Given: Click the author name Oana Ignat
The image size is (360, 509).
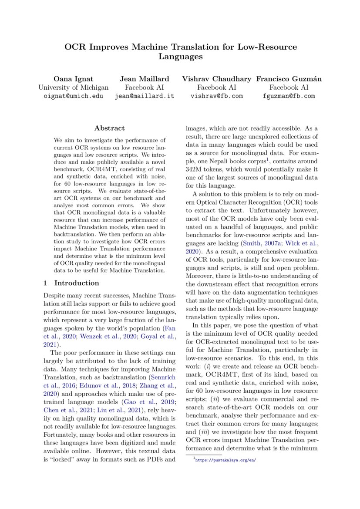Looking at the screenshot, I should [x=73, y=79].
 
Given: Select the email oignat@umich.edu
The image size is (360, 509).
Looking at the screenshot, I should [x=73, y=96].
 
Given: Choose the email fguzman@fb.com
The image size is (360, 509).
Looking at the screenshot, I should [x=289, y=96].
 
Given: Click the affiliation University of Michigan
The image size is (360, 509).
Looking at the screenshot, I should [x=73, y=88].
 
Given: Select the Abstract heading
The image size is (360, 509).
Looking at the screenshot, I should [x=109, y=128].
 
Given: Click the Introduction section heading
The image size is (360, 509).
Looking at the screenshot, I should [x=76, y=283].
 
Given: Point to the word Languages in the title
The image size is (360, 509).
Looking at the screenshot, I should [x=180, y=57].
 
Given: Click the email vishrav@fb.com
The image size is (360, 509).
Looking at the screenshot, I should [x=216, y=96].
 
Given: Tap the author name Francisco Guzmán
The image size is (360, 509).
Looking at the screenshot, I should [x=289, y=79].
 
